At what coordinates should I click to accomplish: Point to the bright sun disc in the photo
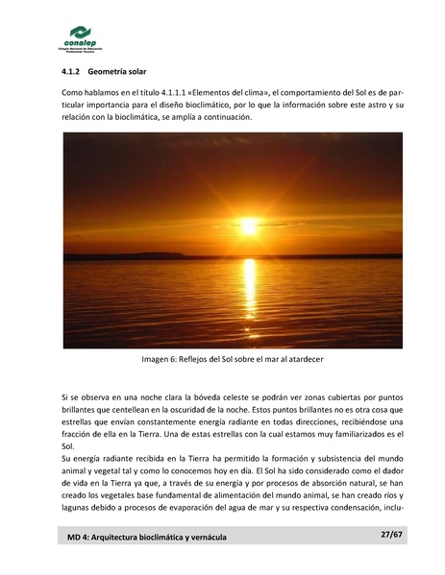[x=249, y=227]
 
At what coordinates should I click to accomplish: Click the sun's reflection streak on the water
[x=249, y=288]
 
